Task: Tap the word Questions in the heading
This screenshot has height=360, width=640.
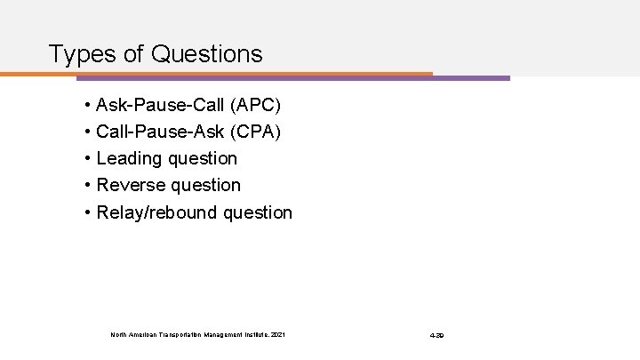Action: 207,54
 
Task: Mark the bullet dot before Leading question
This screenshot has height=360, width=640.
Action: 88,159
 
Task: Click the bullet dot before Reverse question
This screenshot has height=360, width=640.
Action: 88,186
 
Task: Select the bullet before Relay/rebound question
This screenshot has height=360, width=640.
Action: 88,212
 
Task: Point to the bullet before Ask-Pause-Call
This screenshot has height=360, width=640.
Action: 88,106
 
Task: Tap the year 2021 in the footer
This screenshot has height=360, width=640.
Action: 279,334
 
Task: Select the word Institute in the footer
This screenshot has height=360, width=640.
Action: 252,334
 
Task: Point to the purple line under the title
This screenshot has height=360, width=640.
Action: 471,77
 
